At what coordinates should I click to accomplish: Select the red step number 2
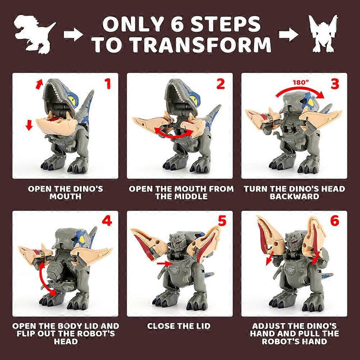click(220, 84)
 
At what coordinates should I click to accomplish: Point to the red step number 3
click(335, 84)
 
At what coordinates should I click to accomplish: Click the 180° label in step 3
click(301, 82)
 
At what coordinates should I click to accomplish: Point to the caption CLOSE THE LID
click(179, 326)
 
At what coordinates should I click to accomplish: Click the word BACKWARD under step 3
click(294, 197)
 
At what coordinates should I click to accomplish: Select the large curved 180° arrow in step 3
click(299, 92)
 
